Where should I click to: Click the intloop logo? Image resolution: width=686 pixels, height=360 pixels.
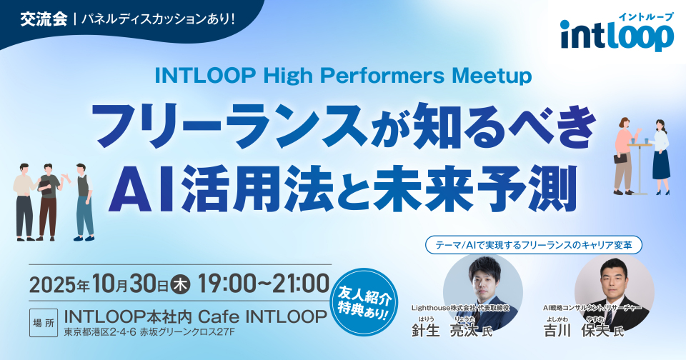pos(617,34)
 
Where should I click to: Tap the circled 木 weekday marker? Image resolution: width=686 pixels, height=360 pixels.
pos(181,284)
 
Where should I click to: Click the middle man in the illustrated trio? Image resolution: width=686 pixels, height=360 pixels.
pos(49,200)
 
